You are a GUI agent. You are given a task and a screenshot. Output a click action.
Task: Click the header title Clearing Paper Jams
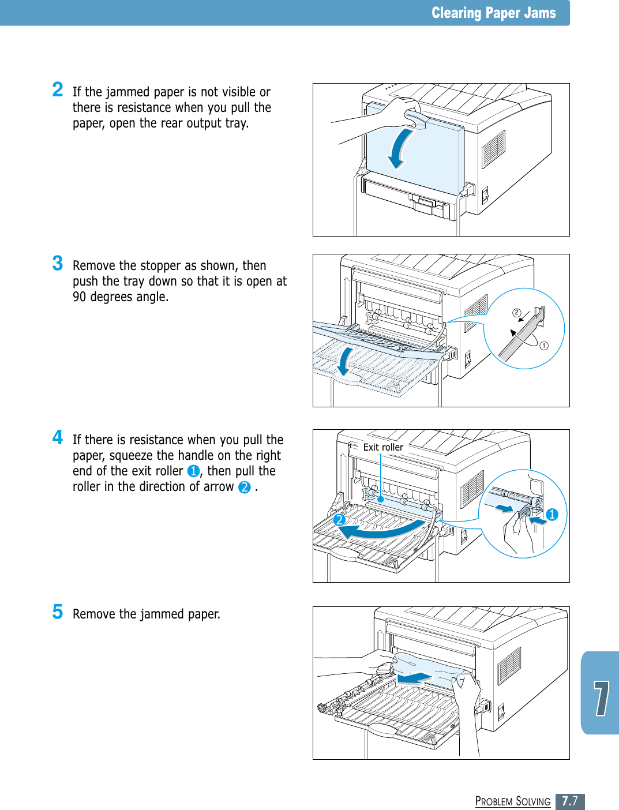[493, 13]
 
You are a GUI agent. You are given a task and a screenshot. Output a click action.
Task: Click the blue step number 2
[58, 89]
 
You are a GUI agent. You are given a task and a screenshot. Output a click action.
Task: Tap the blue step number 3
[58, 263]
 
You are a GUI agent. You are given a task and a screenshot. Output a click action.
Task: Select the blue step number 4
[58, 437]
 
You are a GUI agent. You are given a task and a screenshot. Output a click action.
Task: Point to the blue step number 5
[58, 612]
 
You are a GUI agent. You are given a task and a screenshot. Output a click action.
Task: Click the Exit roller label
[383, 447]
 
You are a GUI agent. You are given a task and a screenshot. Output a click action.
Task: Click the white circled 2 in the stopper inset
[517, 313]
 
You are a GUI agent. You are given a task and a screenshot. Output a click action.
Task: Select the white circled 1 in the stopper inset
[544, 346]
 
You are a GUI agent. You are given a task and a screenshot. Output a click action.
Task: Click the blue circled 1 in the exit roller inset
[552, 514]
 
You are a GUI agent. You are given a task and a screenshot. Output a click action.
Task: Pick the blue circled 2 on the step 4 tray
[339, 520]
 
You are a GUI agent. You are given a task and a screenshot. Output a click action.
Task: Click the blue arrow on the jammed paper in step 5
[415, 677]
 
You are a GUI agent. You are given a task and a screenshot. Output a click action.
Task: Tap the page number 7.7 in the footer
[570, 801]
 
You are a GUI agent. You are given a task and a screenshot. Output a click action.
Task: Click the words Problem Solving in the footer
[513, 801]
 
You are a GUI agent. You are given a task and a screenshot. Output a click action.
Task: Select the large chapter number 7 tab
[601, 698]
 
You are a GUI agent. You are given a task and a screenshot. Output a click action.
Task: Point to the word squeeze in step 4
[131, 455]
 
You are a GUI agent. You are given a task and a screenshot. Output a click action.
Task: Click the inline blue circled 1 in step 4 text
[193, 471]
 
